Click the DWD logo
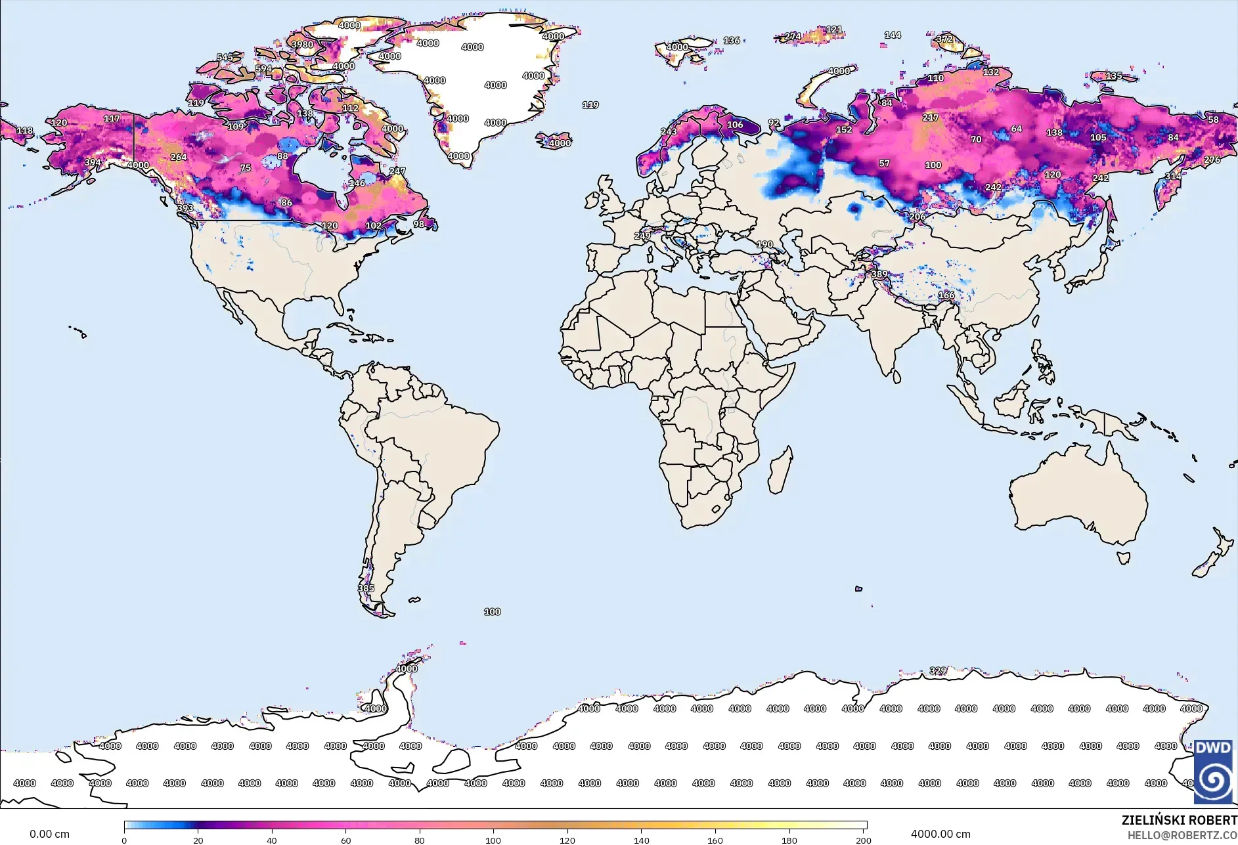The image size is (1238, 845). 1212,771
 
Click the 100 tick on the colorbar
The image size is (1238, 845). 493,840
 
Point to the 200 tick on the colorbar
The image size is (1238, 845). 863,840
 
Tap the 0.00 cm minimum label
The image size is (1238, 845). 49,834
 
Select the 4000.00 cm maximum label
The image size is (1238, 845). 940,834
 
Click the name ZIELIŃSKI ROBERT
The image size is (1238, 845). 1179,820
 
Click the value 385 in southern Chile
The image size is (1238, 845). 366,588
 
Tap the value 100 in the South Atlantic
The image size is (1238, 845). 492,611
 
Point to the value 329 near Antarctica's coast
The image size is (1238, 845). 938,670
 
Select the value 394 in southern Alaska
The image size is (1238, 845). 93,162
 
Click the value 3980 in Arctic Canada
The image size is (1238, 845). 302,45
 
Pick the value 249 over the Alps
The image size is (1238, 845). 642,236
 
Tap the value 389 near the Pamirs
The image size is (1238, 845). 879,274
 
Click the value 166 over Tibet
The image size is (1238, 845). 946,295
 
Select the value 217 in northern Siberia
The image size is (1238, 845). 930,118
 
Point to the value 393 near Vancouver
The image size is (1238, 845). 185,208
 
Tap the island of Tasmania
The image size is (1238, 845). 1124,558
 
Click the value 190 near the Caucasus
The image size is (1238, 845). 764,244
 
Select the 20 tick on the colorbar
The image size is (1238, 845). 198,840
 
